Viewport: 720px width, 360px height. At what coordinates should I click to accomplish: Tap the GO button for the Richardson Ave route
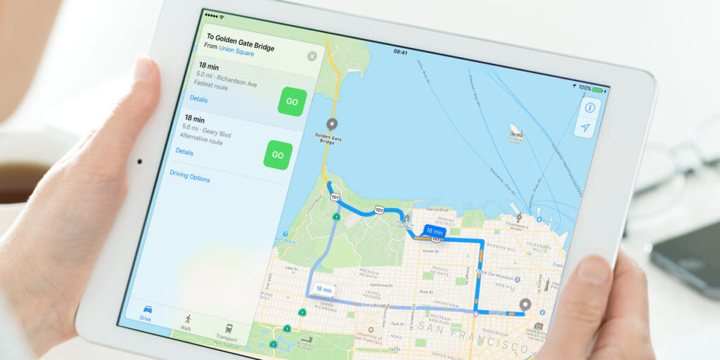tap(292, 102)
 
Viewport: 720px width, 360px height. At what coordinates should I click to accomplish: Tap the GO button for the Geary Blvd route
tap(278, 155)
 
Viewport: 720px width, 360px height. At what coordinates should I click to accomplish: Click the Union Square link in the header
tap(236, 50)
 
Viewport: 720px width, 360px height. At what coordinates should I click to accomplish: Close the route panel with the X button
tap(312, 56)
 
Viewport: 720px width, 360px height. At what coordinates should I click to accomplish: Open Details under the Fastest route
tap(198, 99)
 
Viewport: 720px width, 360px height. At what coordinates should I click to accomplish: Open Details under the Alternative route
tap(184, 151)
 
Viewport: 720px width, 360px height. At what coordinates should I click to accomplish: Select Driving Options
tap(190, 179)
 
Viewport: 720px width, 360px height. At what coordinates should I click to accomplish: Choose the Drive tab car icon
tap(147, 309)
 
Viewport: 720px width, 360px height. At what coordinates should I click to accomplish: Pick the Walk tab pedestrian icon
tap(186, 319)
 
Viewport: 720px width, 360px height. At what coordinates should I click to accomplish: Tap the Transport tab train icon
tap(229, 328)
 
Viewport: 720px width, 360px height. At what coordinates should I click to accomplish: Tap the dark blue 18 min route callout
tap(434, 231)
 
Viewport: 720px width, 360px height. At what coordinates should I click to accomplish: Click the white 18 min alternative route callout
tap(324, 289)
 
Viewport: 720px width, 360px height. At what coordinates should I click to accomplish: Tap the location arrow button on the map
tap(584, 128)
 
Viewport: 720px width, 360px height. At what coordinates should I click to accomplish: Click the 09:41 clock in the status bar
tap(400, 52)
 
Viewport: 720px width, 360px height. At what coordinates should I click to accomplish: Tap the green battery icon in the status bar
tap(598, 89)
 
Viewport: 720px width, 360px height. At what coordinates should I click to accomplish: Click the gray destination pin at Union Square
tap(525, 305)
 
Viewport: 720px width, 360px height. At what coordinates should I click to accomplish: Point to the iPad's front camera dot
tap(139, 161)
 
